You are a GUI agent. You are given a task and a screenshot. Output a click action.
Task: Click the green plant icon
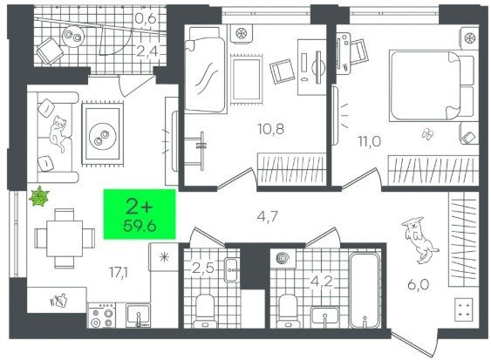click(39, 196)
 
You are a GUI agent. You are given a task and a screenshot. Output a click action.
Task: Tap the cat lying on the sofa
click(58, 132)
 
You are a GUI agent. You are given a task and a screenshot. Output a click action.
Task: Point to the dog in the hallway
click(419, 239)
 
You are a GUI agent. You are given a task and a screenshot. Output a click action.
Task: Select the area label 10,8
click(271, 129)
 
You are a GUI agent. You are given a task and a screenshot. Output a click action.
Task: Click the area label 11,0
click(370, 141)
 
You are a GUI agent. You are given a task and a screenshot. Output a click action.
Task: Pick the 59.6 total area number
click(140, 226)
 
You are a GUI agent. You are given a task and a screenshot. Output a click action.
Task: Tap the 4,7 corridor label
click(268, 216)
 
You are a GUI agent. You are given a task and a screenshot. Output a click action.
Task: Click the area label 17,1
click(119, 273)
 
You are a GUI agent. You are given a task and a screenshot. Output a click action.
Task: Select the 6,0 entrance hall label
click(418, 285)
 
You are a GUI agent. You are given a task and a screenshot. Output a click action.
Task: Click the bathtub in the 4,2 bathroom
click(365, 290)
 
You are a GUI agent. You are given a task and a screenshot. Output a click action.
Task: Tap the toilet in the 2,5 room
click(205, 311)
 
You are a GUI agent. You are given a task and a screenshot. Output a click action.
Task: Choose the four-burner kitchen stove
click(101, 316)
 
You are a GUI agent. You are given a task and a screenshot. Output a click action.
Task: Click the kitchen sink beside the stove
click(138, 316)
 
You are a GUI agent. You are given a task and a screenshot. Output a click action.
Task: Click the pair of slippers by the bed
click(427, 133)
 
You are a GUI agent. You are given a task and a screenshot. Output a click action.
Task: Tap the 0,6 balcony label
click(146, 19)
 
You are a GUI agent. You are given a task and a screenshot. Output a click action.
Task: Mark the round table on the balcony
click(72, 36)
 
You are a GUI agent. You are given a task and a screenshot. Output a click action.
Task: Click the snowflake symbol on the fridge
click(164, 257)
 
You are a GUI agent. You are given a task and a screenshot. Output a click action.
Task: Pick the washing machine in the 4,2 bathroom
click(283, 259)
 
